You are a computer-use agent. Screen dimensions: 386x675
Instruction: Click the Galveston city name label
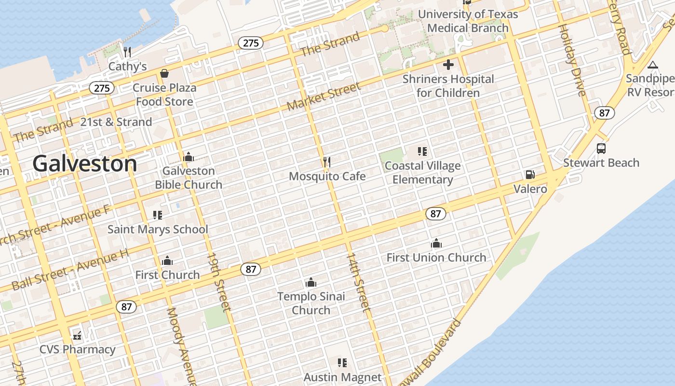click(x=85, y=164)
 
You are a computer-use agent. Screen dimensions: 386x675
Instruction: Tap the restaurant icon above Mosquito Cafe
click(x=327, y=162)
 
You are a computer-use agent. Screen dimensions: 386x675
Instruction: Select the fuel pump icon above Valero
click(x=530, y=175)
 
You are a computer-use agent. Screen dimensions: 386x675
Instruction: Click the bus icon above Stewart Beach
click(x=601, y=149)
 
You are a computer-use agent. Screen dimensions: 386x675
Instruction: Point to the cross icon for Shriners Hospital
click(x=448, y=65)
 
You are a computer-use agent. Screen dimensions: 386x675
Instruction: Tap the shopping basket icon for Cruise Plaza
click(x=164, y=73)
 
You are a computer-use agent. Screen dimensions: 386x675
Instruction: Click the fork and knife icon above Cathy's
click(x=127, y=52)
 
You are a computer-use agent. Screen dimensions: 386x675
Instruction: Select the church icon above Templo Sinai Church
click(x=311, y=282)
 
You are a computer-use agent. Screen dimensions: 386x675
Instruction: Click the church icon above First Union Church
click(x=436, y=243)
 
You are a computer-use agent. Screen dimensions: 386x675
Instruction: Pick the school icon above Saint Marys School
click(x=158, y=215)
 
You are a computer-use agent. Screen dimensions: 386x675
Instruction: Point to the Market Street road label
click(x=324, y=97)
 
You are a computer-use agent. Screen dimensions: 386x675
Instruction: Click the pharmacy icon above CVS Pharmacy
click(x=77, y=335)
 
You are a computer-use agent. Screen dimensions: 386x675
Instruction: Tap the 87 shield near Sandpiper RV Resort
click(x=604, y=113)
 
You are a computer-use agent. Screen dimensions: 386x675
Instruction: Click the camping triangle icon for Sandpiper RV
click(x=653, y=65)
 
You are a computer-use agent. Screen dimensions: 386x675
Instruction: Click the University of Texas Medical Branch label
click(x=468, y=21)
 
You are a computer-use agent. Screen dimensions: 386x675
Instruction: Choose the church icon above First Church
click(x=167, y=261)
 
